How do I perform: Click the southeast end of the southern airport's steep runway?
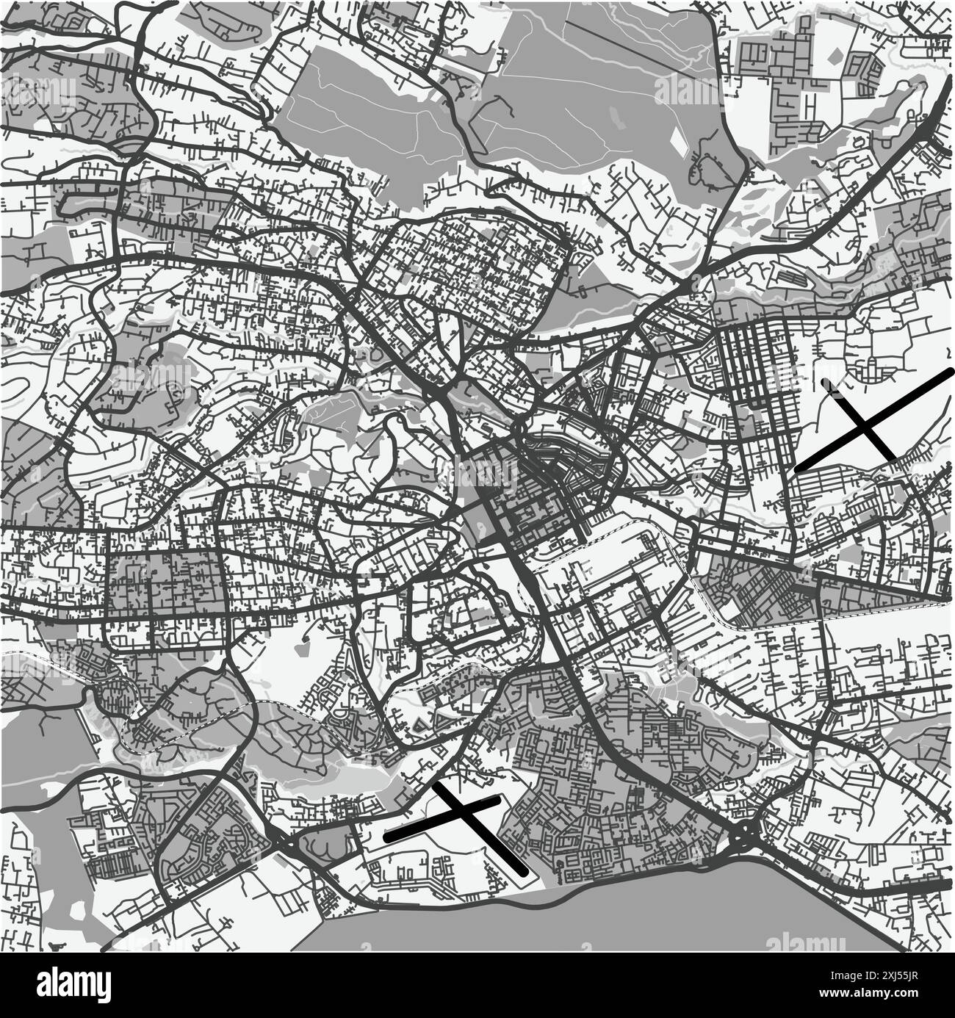click(524, 873)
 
